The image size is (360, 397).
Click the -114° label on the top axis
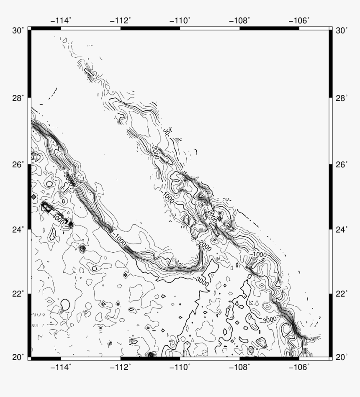61,20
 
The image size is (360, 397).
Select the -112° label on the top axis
121,20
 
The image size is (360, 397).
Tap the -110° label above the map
180,20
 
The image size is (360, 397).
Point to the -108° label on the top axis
240,20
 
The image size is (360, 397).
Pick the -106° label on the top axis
299,20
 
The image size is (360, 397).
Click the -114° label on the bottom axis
61,367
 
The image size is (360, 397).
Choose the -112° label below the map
121,367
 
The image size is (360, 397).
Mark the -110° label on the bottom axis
180,367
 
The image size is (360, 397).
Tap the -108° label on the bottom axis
240,367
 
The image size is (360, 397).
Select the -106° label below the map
299,367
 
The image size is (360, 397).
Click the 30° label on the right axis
341,31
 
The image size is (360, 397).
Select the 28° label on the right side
341,98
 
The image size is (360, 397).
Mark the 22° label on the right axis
341,294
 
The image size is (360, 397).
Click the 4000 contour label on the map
59,218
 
